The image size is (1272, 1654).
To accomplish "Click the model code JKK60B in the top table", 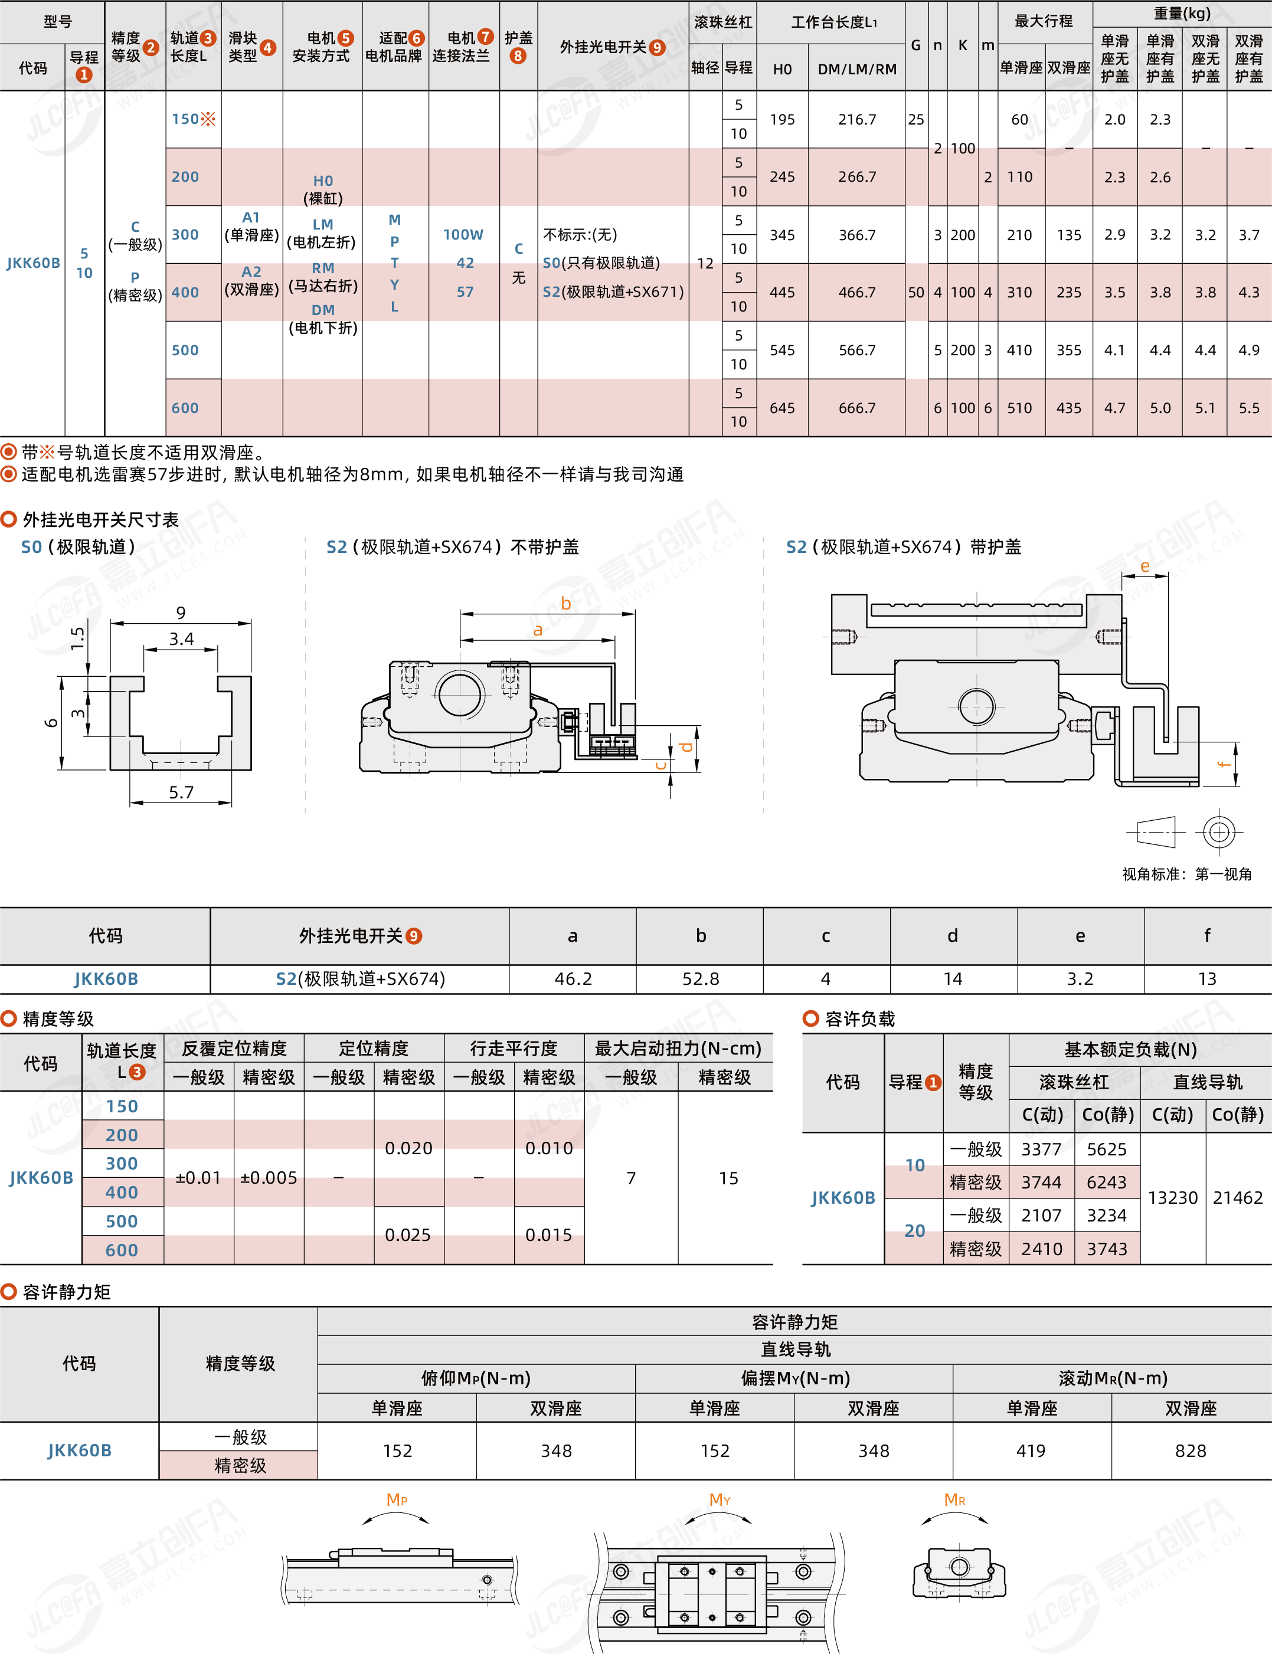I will click(33, 263).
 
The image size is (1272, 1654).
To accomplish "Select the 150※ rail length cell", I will click(193, 119).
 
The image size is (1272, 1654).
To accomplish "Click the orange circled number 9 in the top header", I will click(656, 48).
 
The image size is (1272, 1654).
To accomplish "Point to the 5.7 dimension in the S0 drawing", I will click(181, 792).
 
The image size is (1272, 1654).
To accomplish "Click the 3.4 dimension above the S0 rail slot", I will click(181, 639).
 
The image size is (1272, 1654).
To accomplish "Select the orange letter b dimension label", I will click(565, 603).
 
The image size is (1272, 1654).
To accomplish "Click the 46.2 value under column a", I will click(573, 979).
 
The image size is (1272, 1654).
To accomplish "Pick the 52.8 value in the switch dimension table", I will click(701, 979).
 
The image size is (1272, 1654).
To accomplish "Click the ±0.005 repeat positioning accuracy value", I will click(269, 1178).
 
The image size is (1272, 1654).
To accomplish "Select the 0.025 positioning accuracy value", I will click(408, 1234).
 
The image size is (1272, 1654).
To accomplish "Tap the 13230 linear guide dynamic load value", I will click(1172, 1197).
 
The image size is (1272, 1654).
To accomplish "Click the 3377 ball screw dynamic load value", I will click(1041, 1149).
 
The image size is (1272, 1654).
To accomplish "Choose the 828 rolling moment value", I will click(1190, 1450).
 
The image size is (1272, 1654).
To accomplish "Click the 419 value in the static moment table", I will click(1031, 1450).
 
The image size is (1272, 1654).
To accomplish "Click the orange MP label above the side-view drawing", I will click(397, 1499).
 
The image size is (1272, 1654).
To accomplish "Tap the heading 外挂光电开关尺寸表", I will click(101, 519).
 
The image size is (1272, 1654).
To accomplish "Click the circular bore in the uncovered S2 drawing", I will click(460, 693).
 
